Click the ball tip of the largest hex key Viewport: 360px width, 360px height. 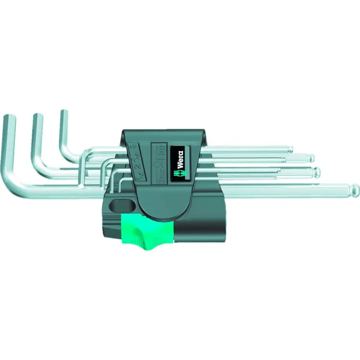pos(355,188)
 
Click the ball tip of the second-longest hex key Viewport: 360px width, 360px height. pos(316,171)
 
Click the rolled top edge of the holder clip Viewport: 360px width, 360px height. pos(163,132)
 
